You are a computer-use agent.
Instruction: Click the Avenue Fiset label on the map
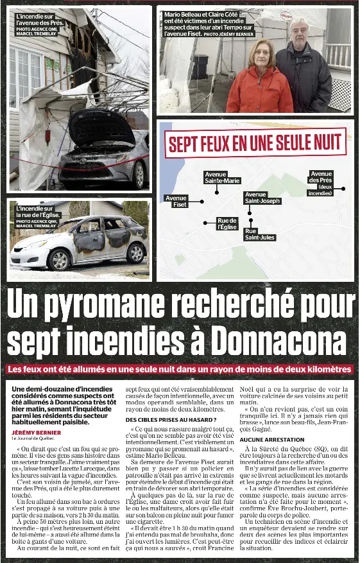pos(176,201)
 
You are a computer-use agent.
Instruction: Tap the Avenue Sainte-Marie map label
pos(222,177)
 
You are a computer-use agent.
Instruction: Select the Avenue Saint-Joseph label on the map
pos(262,198)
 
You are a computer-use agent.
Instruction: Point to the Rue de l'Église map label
pos(227,223)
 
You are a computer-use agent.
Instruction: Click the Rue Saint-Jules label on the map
pos(260,234)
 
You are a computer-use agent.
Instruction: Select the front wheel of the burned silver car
pos(59,259)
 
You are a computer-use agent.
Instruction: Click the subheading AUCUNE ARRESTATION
pos(272,439)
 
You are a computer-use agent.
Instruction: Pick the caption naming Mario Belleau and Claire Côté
pos(209,24)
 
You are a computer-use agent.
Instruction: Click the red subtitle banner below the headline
pos(180,370)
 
